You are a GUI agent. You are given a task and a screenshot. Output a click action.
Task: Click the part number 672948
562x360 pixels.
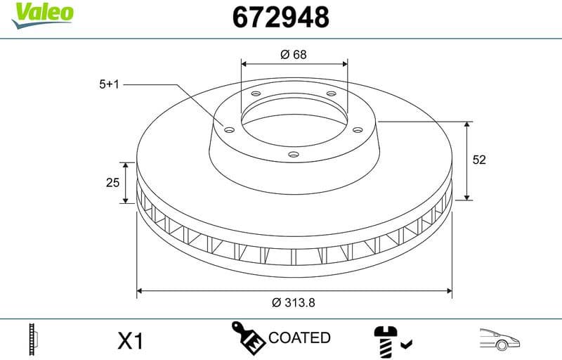(280, 17)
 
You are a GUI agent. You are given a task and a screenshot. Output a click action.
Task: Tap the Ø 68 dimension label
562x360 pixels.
(294, 54)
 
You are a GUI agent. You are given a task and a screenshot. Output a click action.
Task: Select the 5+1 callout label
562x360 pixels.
(110, 84)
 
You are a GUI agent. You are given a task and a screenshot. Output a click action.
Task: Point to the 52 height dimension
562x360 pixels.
(479, 160)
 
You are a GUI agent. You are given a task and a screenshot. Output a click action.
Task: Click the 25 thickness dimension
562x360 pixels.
(111, 183)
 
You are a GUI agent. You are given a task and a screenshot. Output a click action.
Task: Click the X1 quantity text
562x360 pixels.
(130, 341)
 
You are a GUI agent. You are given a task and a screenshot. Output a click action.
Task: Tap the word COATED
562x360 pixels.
(299, 338)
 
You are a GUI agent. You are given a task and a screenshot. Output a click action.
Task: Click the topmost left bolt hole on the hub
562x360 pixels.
(256, 94)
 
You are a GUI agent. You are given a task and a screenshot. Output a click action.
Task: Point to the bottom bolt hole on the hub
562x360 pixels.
(294, 155)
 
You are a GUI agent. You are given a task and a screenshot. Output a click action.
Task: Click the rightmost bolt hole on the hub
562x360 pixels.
(356, 129)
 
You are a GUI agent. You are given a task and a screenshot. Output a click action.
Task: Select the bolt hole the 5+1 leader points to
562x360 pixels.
(228, 128)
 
